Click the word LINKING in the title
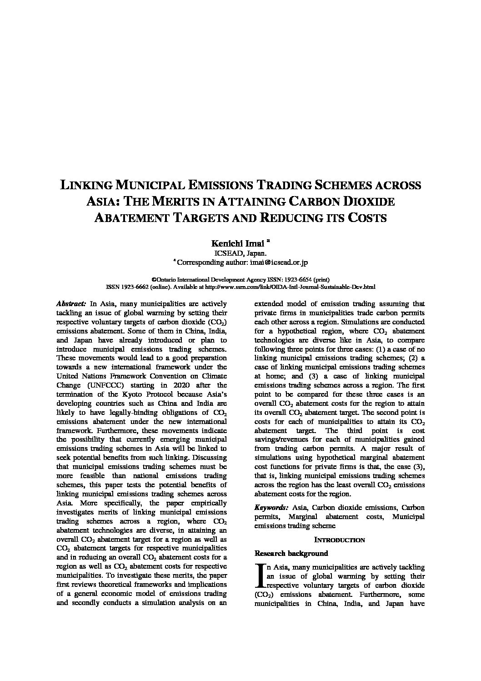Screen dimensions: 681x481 click(87, 186)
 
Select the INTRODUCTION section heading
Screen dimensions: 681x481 click(339, 540)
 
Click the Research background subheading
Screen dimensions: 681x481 click(291, 553)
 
